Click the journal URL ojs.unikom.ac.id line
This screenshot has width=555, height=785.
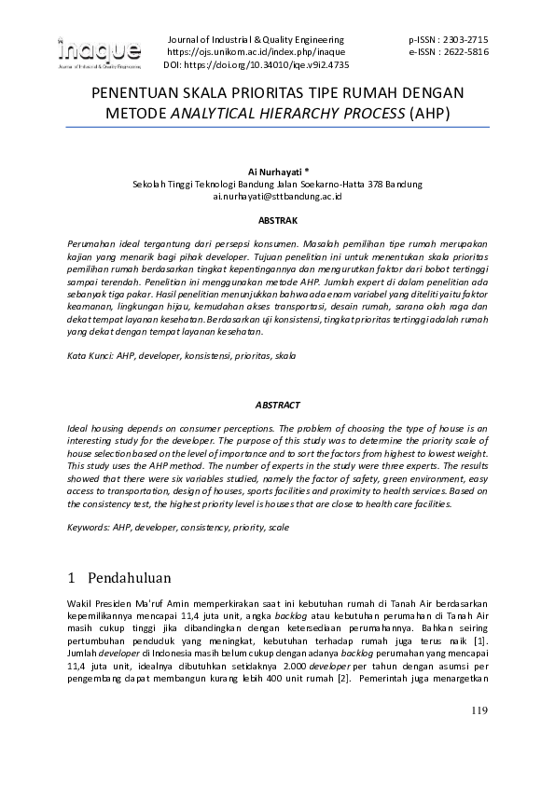(255, 53)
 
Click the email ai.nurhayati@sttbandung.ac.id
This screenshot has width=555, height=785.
(278, 197)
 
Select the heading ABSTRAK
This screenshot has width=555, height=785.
(277, 221)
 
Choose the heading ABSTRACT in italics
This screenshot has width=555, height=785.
(277, 405)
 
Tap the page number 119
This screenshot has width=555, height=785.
(479, 713)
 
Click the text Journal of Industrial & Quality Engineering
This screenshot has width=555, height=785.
(255, 40)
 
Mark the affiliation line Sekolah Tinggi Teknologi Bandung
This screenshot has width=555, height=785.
(277, 185)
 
